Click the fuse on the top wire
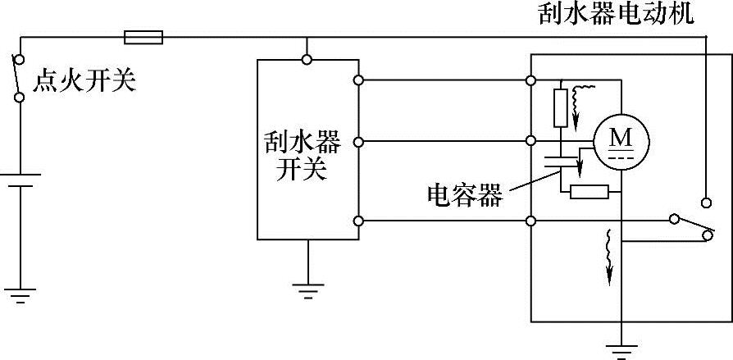pos(143,37)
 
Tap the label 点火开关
pos(84,81)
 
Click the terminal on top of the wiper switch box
pos(307,59)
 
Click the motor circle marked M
pos(621,142)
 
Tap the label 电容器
pos(465,194)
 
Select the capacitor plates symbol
pos(561,160)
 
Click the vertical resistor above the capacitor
pos(561,108)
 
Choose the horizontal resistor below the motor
pos(590,193)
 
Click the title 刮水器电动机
pos(616,15)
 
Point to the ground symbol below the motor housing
pos(621,347)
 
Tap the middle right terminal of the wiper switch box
pos(358,142)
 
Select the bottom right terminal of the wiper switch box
pos(358,221)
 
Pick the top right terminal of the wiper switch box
pos(358,80)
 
